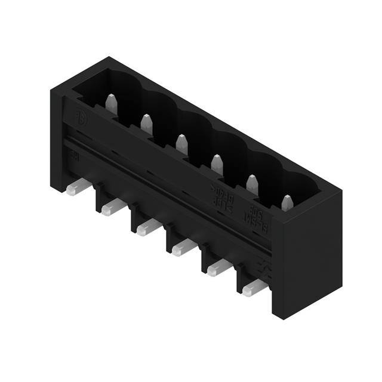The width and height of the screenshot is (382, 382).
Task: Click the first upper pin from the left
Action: pos(111,103)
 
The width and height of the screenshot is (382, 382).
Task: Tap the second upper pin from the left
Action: pos(146,122)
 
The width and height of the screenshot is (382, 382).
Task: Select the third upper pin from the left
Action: pos(181,143)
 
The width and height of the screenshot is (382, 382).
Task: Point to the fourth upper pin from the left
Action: pos(217,164)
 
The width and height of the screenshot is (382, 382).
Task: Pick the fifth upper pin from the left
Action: pos(252,184)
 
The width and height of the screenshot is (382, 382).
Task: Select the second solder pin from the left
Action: pos(113,208)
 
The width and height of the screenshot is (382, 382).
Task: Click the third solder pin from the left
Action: pos(148,227)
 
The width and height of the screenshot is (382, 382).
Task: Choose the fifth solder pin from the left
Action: pos(219,267)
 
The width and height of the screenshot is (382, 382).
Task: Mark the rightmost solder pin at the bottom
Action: pos(254,288)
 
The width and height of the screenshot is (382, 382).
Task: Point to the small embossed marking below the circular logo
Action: pos(75,157)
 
